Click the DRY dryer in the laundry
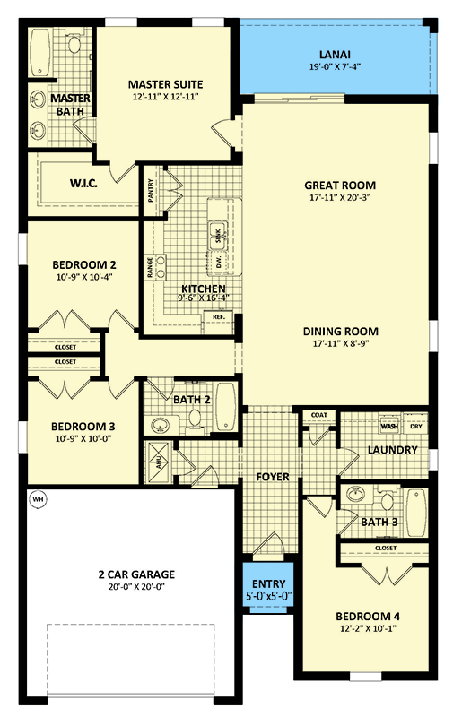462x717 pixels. [414, 426]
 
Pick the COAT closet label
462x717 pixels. [318, 415]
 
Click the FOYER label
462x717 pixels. [273, 477]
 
